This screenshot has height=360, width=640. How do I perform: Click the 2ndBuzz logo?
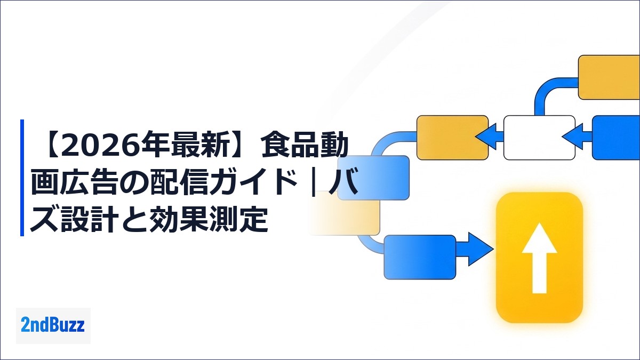(53, 325)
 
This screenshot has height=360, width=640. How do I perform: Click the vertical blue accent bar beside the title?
(22, 178)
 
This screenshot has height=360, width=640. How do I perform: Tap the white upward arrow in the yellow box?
(539, 258)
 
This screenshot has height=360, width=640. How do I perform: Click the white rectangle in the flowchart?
(539, 138)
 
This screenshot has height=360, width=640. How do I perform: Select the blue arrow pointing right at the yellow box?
(475, 249)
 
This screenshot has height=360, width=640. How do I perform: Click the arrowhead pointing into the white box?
(572, 137)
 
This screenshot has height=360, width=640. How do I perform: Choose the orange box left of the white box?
(453, 138)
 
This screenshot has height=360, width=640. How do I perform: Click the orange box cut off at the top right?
(609, 77)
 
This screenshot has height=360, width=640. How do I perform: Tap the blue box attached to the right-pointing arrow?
(420, 257)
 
